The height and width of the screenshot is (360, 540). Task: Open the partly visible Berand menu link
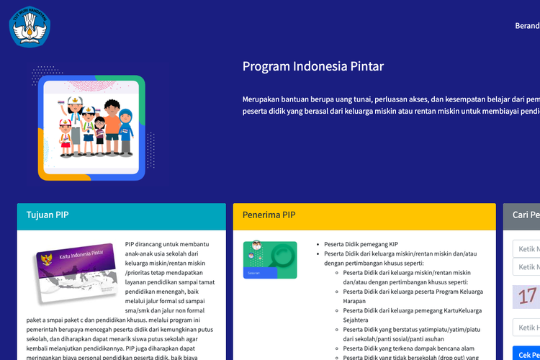[x=526, y=26]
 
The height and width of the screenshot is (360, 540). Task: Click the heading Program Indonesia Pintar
[x=312, y=67]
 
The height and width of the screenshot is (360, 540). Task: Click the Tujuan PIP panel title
[x=48, y=215]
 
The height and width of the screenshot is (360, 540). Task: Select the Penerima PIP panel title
[x=269, y=215]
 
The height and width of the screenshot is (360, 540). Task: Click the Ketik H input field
[x=526, y=328]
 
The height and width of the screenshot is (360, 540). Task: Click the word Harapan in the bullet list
[x=356, y=301]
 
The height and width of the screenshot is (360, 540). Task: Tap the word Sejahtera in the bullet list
[x=356, y=320]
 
